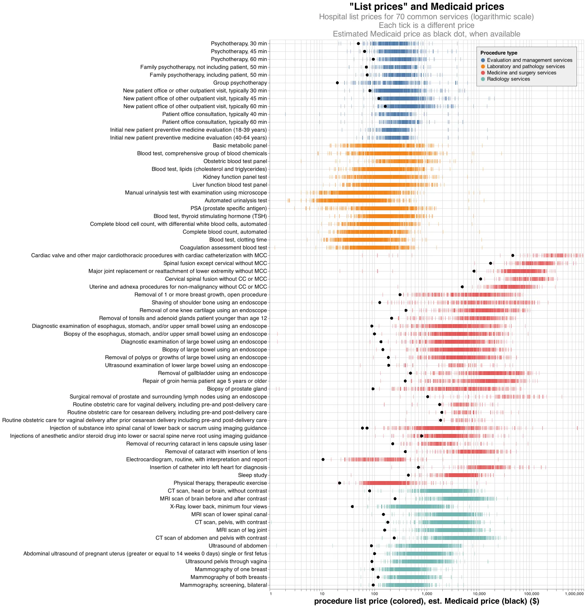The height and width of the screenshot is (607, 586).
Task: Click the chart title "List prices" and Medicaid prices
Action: (x=426, y=7)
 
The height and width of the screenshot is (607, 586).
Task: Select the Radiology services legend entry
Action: (x=508, y=79)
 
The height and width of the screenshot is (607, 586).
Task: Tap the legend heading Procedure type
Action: (x=498, y=53)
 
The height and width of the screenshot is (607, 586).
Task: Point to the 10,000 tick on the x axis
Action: (x=477, y=594)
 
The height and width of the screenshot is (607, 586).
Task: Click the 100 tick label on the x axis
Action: (x=374, y=594)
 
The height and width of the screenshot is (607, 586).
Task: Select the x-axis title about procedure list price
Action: (x=426, y=601)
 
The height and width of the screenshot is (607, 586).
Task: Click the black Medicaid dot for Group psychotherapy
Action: (x=338, y=83)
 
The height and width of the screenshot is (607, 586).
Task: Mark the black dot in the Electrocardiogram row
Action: (x=323, y=459)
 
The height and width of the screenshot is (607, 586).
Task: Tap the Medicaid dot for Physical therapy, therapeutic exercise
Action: (x=340, y=483)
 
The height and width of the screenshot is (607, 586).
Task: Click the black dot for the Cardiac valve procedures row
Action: (x=513, y=255)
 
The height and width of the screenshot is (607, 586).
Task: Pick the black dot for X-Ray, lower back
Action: (x=352, y=507)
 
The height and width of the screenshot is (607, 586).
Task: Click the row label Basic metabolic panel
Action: (x=240, y=146)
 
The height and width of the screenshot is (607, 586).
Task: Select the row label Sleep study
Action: (x=252, y=475)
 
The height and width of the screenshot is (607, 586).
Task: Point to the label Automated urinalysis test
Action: (x=235, y=201)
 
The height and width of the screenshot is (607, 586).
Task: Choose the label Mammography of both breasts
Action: (x=228, y=577)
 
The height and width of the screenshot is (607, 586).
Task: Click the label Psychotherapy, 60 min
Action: (x=239, y=59)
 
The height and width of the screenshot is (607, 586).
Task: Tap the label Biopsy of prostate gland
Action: (x=237, y=389)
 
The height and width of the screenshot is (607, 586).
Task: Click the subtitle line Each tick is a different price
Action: (x=426, y=26)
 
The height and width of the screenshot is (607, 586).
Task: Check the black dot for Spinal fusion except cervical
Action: (x=491, y=263)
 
